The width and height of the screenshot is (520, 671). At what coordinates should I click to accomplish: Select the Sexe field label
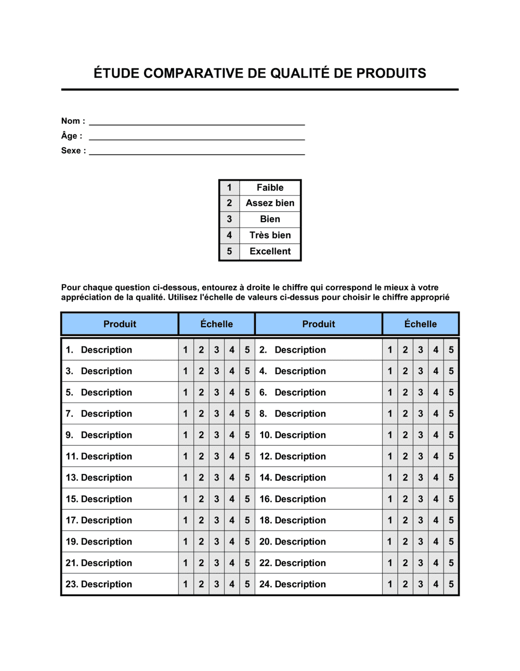73,151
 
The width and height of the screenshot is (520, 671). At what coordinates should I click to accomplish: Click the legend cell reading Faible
270,188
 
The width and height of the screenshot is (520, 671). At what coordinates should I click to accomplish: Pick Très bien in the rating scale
270,235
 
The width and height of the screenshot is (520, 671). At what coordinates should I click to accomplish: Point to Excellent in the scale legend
270,251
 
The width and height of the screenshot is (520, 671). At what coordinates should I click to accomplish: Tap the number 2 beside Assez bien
229,203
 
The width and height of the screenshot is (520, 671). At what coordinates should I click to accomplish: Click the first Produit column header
120,324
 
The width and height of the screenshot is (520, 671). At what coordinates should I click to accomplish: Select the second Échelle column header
421,324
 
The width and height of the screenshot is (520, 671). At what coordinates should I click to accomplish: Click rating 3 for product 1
217,350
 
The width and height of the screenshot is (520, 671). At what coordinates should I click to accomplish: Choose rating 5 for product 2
451,350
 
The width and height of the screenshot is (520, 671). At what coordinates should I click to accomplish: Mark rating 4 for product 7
232,414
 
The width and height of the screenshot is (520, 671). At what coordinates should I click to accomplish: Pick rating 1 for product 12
390,457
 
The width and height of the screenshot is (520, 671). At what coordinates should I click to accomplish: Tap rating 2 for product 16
405,499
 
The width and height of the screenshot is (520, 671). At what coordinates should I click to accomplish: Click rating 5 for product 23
248,585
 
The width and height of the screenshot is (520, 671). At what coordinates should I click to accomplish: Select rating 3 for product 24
421,585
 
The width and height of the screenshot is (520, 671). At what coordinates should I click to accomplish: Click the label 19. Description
99,542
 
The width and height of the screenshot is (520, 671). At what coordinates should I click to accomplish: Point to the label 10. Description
293,435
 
